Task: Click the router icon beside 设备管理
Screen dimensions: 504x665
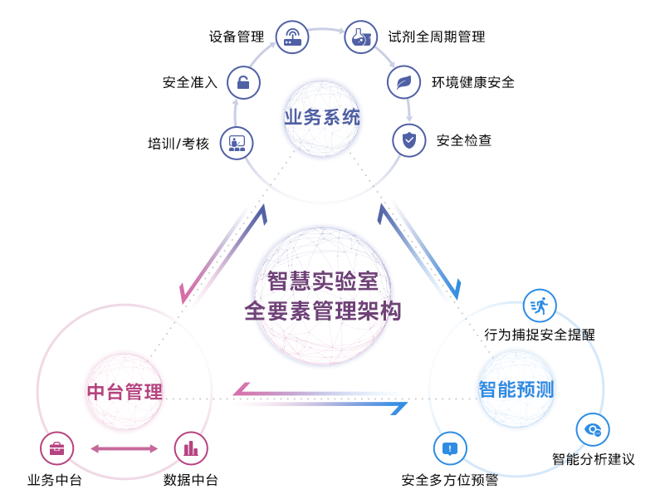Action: (292, 37)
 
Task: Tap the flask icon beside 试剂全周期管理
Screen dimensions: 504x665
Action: (359, 37)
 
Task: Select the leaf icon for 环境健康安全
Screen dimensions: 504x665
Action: (403, 82)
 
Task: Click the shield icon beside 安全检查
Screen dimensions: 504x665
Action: (408, 139)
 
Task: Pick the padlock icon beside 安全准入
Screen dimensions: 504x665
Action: (243, 82)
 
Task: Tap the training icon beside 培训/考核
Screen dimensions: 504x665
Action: (237, 143)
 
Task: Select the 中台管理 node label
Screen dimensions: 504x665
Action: (125, 391)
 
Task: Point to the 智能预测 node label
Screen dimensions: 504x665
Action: (516, 389)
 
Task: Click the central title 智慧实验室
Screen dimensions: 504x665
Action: (322, 281)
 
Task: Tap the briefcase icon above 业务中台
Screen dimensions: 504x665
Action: (56, 448)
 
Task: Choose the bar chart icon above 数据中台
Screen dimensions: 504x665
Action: (191, 448)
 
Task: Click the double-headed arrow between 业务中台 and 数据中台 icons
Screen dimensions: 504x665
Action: (124, 448)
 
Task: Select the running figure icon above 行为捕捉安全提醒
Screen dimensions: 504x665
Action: (540, 306)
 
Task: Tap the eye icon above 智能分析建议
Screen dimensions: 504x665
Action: (593, 429)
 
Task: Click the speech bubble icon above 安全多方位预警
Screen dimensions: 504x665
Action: (450, 448)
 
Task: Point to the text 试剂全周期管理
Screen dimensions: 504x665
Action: (437, 37)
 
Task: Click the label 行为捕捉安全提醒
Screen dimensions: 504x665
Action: (540, 335)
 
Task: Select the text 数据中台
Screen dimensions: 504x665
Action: (191, 480)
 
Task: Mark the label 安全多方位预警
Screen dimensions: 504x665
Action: (450, 480)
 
